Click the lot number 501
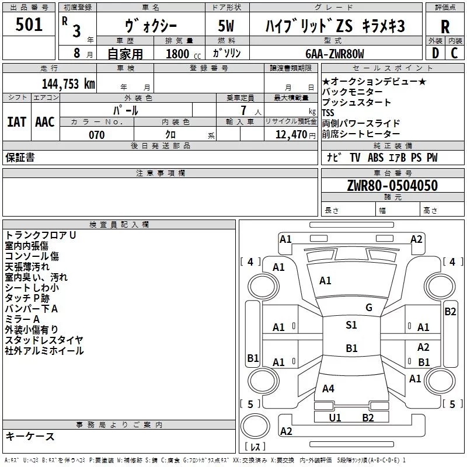point(30,25)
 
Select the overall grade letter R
point(445,26)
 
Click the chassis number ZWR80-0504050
point(392,186)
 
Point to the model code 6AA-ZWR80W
point(334,54)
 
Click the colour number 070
point(96,135)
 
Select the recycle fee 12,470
point(290,135)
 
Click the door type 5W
point(226,26)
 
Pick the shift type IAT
point(16,121)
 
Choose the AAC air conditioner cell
point(44,121)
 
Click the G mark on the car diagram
point(369,308)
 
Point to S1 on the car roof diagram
point(351,325)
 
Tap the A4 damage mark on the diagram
point(328,388)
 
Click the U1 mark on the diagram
point(334,417)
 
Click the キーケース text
point(30,437)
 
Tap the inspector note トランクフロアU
point(41,235)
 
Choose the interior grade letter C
point(454,53)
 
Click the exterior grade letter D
point(435,53)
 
